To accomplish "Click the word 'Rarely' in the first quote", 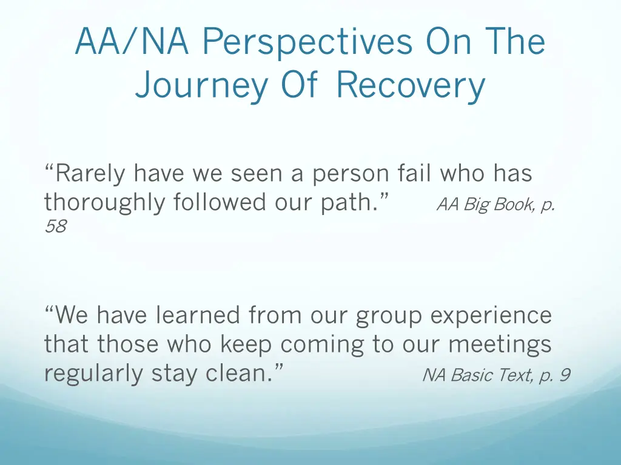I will click(85, 174).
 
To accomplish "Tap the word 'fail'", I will click(416, 174).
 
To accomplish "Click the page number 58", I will click(55, 227).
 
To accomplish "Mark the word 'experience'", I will click(491, 316).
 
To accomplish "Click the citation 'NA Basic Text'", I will click(477, 376).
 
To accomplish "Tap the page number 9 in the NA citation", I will click(564, 376).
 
